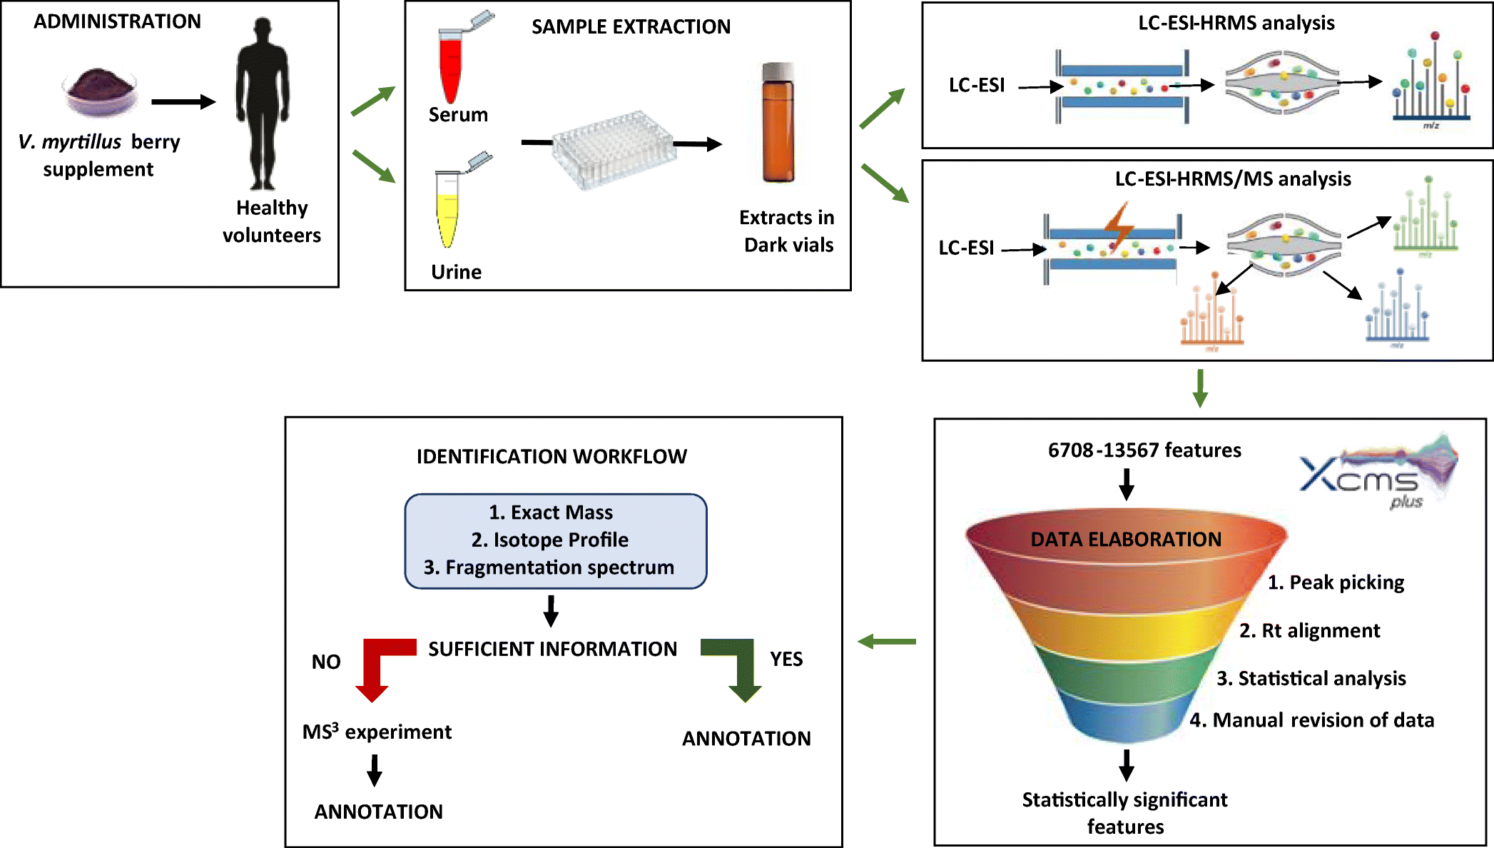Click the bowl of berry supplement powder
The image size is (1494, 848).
pos(99,91)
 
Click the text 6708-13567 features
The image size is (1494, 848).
pos(1144,450)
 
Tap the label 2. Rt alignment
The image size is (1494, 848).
pos(1309,631)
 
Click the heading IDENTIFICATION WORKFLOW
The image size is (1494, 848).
pos(552,457)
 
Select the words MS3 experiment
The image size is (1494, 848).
pos(377,732)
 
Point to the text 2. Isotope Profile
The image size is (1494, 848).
pos(549,540)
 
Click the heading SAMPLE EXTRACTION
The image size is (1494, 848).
pos(631,27)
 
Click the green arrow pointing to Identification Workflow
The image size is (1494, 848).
pos(887,642)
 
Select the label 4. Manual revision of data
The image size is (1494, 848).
pos(1311,720)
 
